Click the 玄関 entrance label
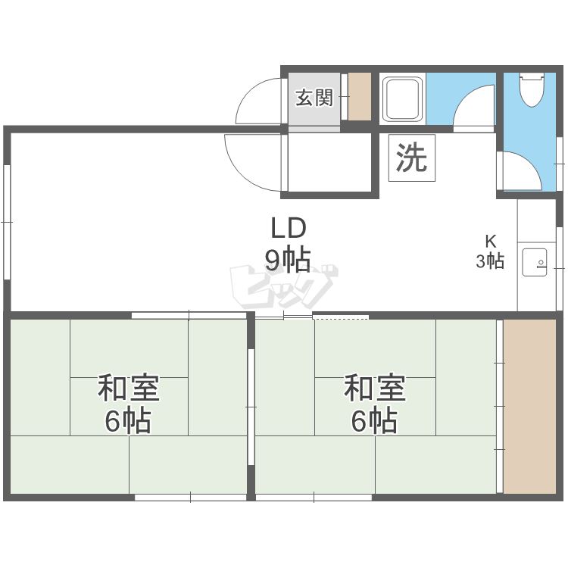point(314,98)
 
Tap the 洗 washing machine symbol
point(412,158)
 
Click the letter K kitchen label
point(491,242)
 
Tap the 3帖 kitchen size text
point(491,261)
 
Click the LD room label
point(289,227)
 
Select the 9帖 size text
point(288,260)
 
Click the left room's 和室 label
point(128,389)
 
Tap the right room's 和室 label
point(374,389)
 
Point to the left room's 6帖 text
point(128,420)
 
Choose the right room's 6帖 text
point(374,420)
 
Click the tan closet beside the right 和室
point(530,406)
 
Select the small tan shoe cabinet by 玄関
point(359,96)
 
